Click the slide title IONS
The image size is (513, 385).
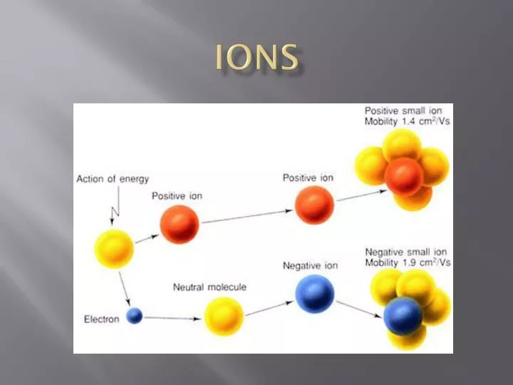tap(256, 58)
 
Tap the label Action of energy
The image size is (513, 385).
tap(113, 178)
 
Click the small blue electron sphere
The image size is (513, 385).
tap(135, 315)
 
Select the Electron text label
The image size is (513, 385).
tap(101, 319)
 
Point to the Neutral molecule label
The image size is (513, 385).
tap(209, 287)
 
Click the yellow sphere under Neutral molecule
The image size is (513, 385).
tap(224, 316)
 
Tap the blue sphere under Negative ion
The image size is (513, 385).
tap(315, 294)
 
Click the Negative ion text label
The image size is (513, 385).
tap(311, 266)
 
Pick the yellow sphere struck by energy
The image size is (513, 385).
tap(115, 248)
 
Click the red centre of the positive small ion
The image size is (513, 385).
tap(404, 176)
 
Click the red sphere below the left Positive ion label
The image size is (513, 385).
tap(180, 225)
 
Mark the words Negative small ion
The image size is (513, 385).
tap(406, 252)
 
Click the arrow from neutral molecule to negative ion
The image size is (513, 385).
tap(269, 307)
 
